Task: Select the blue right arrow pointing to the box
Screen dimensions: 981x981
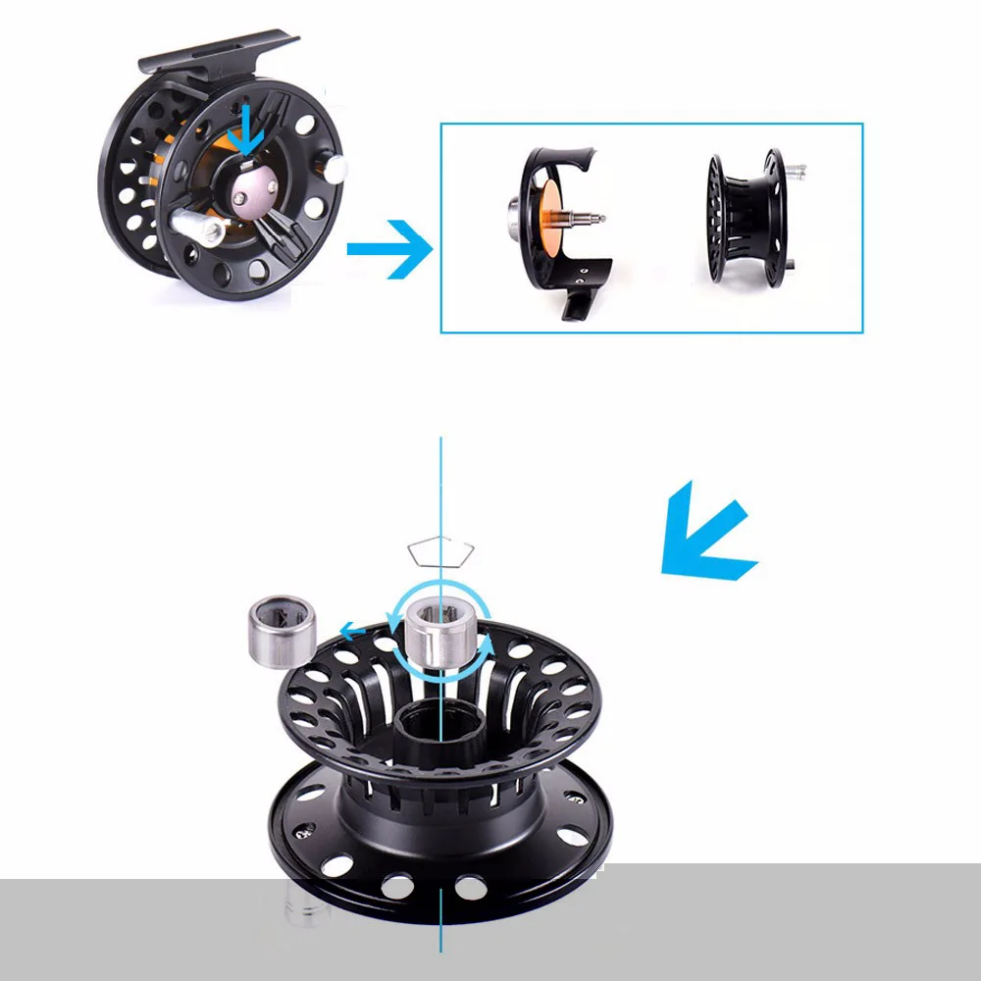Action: (389, 249)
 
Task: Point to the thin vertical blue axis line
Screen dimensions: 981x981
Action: (441, 490)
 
